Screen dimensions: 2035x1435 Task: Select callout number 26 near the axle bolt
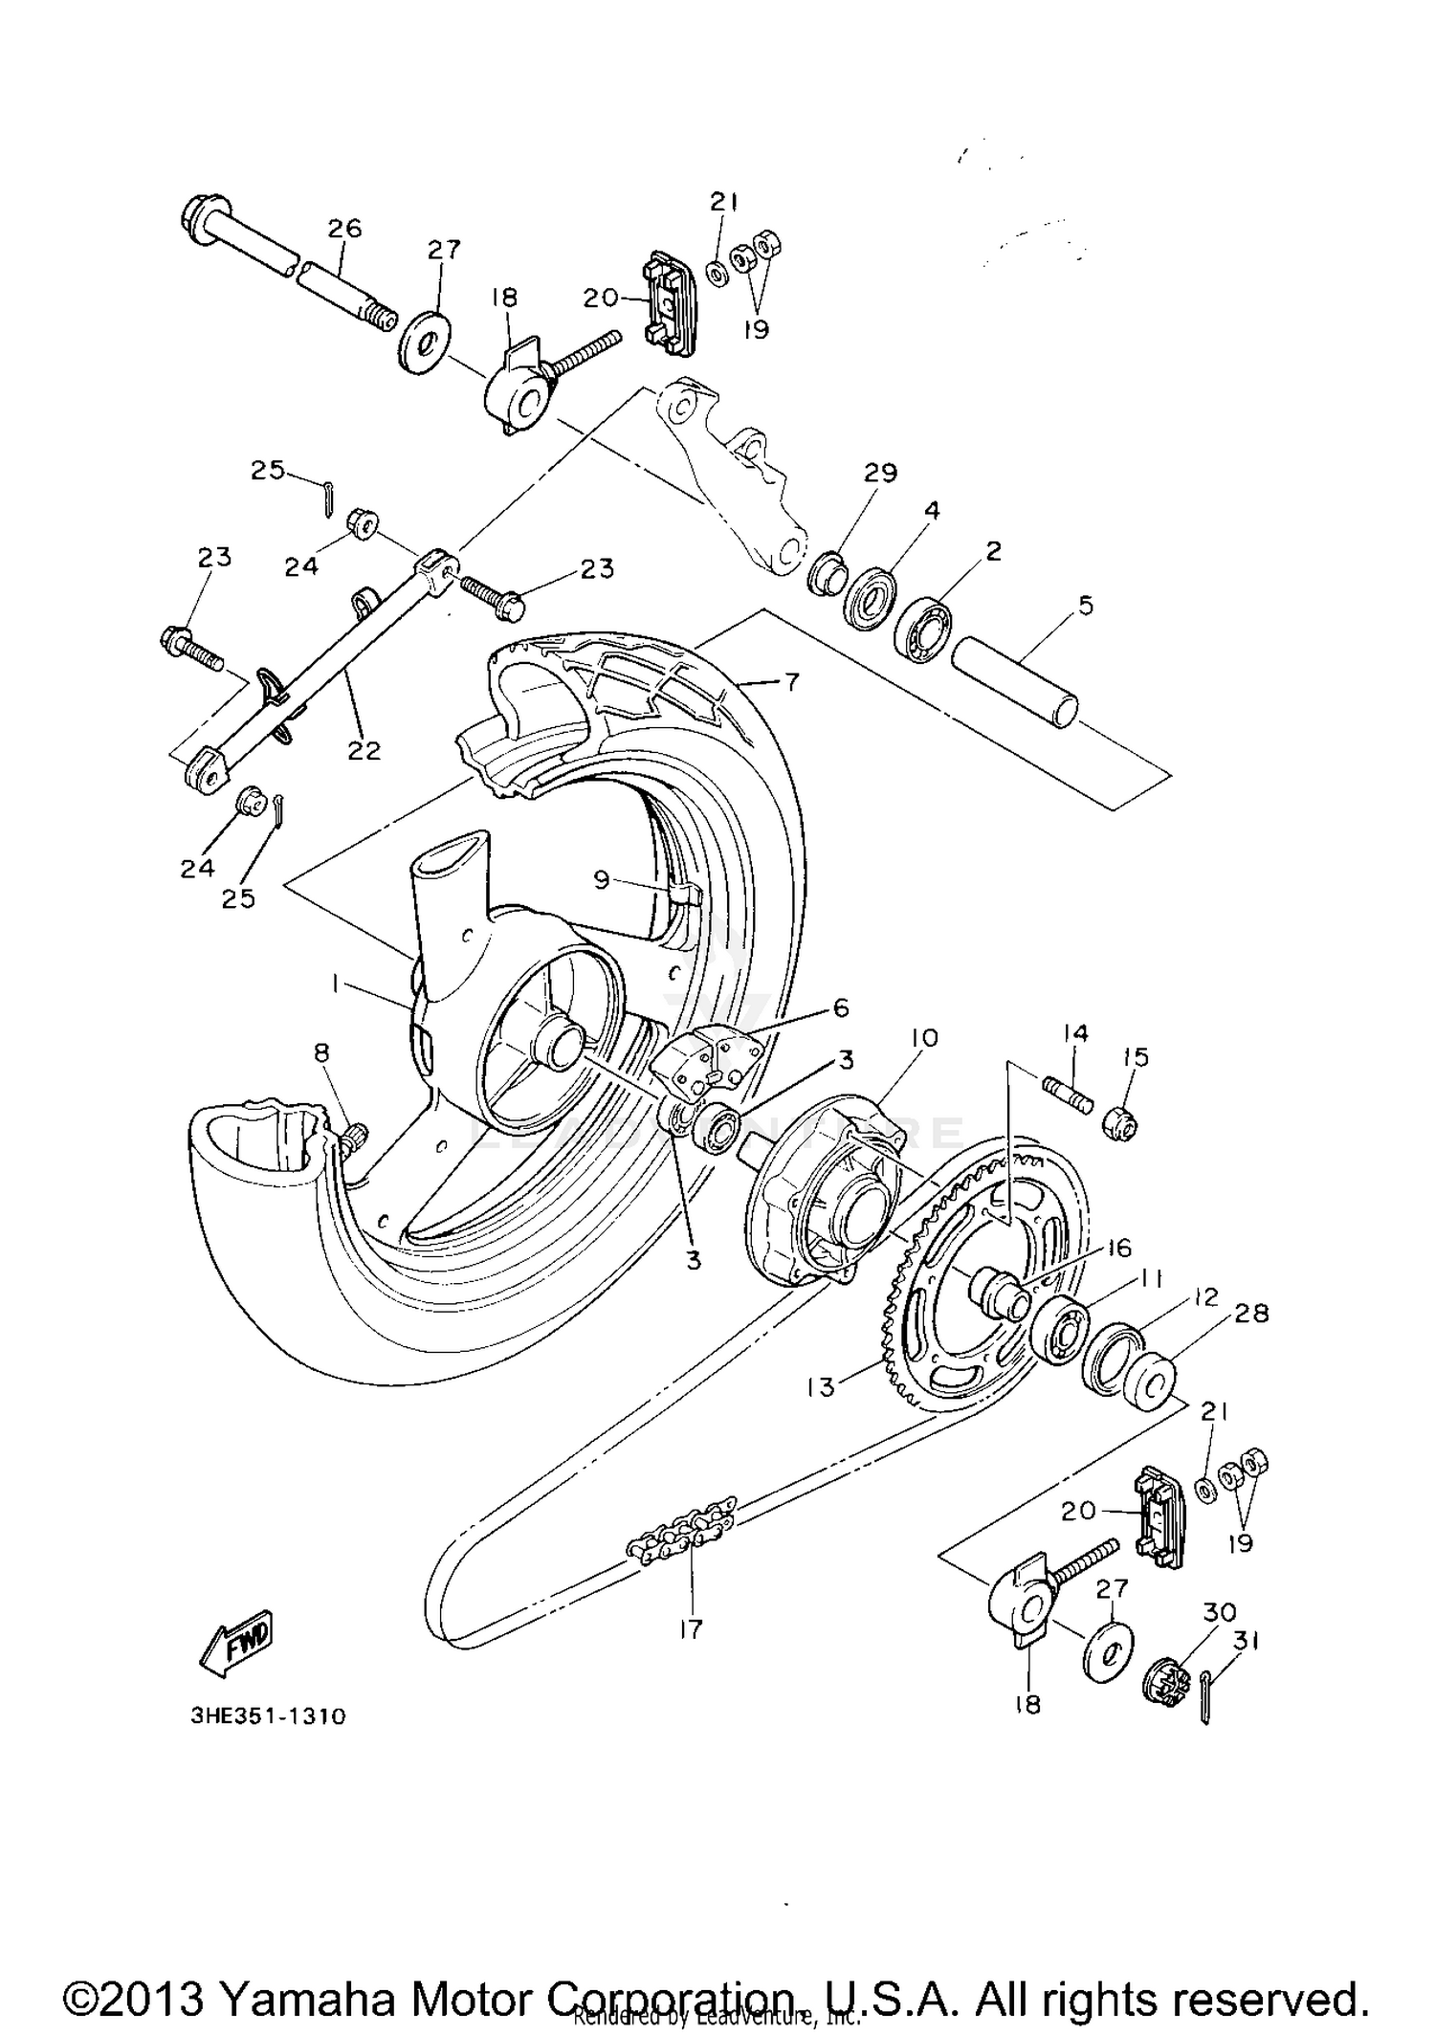[x=344, y=229]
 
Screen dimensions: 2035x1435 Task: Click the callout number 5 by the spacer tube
[x=1085, y=605]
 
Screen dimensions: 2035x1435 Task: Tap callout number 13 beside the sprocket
[x=822, y=1386]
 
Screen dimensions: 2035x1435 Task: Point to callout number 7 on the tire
[x=792, y=682]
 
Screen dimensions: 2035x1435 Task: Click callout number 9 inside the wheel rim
[x=601, y=878]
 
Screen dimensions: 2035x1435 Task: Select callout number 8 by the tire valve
[x=321, y=1053]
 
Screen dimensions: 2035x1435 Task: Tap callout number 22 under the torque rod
[x=364, y=751]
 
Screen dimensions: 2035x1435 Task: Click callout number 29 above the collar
[x=881, y=473]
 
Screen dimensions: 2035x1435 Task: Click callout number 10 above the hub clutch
[x=924, y=1037]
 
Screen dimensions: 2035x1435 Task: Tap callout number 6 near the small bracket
[x=840, y=1006]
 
